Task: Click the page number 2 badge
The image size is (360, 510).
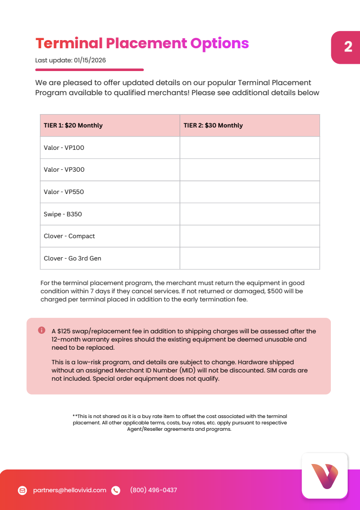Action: pos(348,47)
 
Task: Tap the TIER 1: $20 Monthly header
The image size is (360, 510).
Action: pos(73,125)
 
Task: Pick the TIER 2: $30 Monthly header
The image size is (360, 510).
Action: pos(213,125)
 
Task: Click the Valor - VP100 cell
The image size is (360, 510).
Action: pos(64,148)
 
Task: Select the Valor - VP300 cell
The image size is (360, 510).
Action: pos(64,169)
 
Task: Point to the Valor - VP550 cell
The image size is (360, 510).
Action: pos(64,192)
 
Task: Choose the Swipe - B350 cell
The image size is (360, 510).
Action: pos(63,214)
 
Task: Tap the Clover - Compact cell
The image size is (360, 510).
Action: pos(69,236)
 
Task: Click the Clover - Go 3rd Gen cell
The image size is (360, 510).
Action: pos(72,258)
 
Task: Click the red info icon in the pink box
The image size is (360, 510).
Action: pos(41,330)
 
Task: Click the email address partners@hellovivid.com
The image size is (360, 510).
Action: pos(70,490)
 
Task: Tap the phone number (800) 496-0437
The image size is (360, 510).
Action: pos(154,490)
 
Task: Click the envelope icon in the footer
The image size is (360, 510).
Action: pos(22,490)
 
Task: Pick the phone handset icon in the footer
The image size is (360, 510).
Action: pos(116,490)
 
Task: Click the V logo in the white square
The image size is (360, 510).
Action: pos(324,476)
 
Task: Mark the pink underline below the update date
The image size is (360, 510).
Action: pos(89,70)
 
